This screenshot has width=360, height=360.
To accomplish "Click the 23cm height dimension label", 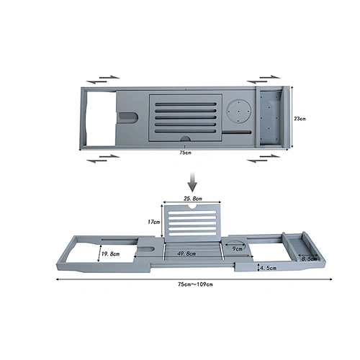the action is coord(300,119).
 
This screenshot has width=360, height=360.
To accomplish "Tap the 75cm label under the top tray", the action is coord(185,153).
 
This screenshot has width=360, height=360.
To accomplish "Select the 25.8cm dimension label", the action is coord(193,199).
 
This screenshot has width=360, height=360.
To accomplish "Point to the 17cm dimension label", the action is coord(153,222).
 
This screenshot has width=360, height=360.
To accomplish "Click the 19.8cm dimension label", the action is coord(110,253).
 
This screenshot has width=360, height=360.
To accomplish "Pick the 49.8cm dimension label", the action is coord(186,253).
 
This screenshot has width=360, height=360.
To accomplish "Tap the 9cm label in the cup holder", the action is coord(238,249).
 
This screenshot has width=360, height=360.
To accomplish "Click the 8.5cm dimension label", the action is coord(309,258).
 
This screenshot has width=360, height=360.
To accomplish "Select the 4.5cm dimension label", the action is coord(268,268).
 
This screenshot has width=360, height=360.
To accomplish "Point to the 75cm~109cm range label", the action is coord(195,284).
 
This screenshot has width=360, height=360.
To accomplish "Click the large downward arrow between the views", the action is coord(192,182).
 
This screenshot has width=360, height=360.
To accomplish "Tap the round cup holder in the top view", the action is coord(239,111).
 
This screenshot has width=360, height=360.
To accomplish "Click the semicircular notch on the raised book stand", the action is coord(192,206).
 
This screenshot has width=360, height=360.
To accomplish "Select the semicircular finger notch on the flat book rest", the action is coord(186,138).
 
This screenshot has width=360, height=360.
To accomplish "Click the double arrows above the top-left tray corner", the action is coord(103,80).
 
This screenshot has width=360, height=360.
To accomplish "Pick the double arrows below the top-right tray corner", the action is coord(264,158).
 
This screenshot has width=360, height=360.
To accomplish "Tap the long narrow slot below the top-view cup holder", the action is coord(237,132).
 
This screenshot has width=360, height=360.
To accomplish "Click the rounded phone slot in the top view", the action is coord(128,117).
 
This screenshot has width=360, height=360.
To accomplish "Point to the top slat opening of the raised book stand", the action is coord(193,212).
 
